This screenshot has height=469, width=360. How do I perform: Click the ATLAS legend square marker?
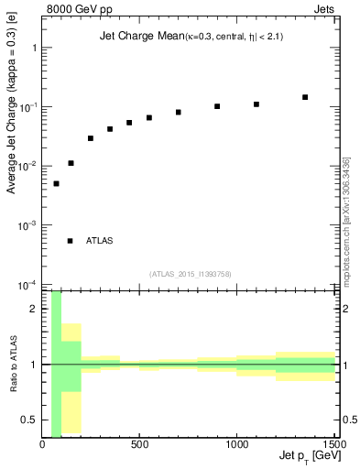71,241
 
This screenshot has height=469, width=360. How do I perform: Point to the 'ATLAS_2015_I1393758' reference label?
190,273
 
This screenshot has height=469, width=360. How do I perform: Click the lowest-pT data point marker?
56,183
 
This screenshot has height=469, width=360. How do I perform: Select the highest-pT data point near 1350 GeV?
305,97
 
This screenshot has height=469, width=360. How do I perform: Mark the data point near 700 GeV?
179,112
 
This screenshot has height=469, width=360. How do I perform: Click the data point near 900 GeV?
217,106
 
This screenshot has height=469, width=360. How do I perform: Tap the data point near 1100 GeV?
256,104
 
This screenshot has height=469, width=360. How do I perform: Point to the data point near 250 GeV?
91,138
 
